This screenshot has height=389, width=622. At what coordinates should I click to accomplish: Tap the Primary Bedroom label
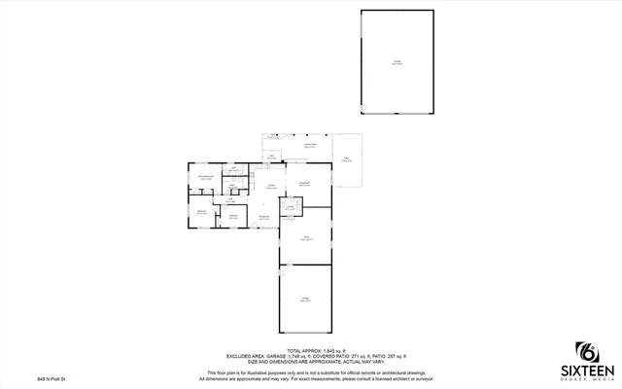206,177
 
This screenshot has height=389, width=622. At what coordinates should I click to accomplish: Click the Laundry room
291,206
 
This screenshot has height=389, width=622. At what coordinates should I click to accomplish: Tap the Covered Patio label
308,145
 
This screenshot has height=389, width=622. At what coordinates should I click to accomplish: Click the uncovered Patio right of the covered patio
345,159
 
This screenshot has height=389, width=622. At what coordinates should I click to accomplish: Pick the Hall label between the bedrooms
230,200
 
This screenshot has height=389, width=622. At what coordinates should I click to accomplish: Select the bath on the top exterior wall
234,171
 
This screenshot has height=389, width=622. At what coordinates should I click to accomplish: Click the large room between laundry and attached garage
305,237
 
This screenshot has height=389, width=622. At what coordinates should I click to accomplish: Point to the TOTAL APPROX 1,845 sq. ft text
310,350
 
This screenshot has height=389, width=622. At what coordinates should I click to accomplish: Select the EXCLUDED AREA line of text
310,357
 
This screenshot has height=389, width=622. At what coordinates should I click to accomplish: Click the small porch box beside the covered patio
272,156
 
